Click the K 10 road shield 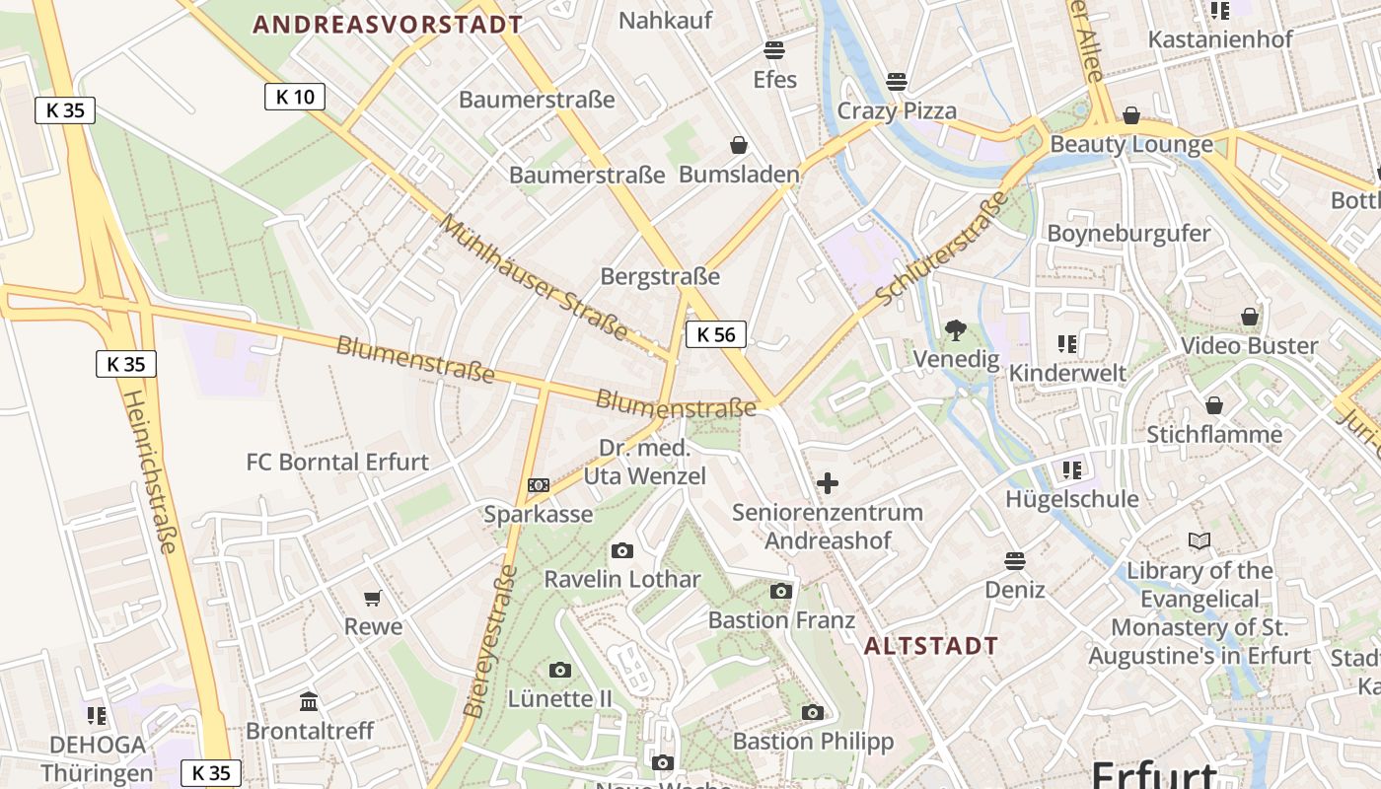pyautogui.click(x=295, y=97)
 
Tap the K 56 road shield pyautogui.click(x=716, y=334)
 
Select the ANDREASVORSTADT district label pyautogui.click(x=388, y=25)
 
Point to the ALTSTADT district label pyautogui.click(x=931, y=647)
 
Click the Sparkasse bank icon pyautogui.click(x=539, y=485)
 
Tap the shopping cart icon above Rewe pyautogui.click(x=373, y=598)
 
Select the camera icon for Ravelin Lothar pyautogui.click(x=622, y=550)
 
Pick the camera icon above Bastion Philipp pyautogui.click(x=813, y=712)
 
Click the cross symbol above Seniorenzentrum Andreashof pyautogui.click(x=828, y=483)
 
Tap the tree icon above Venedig pyautogui.click(x=955, y=330)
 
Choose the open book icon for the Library pyautogui.click(x=1199, y=541)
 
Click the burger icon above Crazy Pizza pyautogui.click(x=897, y=81)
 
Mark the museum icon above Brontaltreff pyautogui.click(x=309, y=701)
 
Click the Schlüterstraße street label pyautogui.click(x=942, y=248)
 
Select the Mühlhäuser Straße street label pyautogui.click(x=533, y=277)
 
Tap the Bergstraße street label pyautogui.click(x=660, y=277)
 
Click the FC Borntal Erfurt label pyautogui.click(x=337, y=462)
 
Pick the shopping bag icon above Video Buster pyautogui.click(x=1250, y=317)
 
